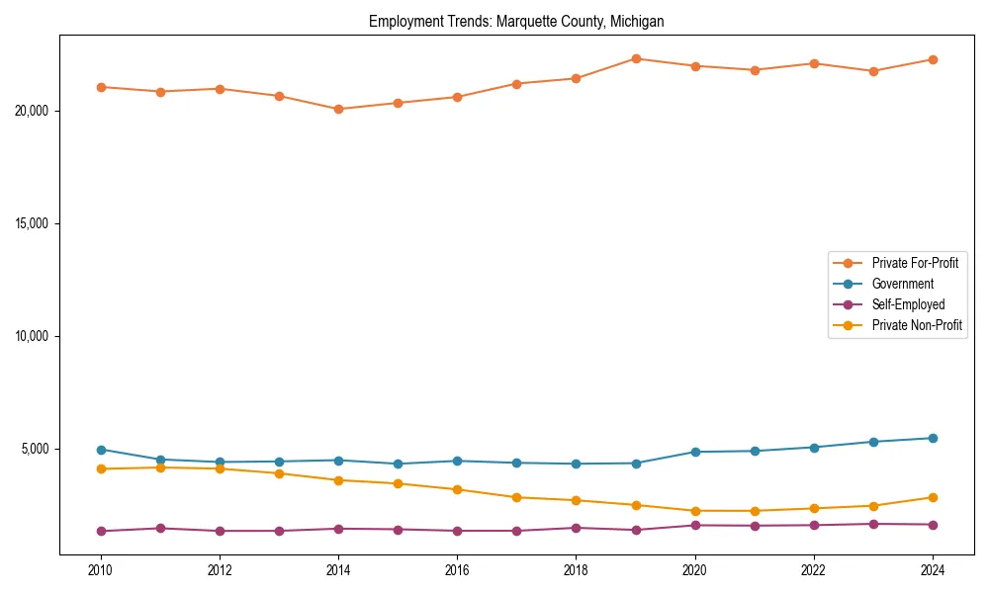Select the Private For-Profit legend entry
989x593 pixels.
click(x=915, y=263)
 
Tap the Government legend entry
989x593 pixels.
click(x=902, y=284)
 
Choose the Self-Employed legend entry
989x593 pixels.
click(x=908, y=304)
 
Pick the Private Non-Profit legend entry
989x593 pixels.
click(x=917, y=325)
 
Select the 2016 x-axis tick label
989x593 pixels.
click(x=457, y=570)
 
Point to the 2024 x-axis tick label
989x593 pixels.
click(x=933, y=570)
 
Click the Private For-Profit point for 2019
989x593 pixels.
click(x=636, y=58)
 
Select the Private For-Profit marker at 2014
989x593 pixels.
click(x=338, y=109)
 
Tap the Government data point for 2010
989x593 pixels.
click(x=101, y=450)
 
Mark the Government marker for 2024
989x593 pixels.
click(x=933, y=438)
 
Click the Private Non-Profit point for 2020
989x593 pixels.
click(x=695, y=511)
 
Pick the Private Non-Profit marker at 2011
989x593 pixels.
click(x=160, y=467)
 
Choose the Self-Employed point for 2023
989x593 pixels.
click(x=873, y=524)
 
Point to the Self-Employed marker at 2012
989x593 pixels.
click(x=220, y=531)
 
